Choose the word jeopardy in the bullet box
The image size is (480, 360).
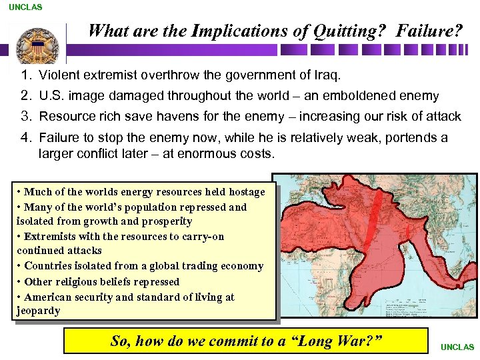click(38, 311)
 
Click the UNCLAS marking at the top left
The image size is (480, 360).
click(25, 7)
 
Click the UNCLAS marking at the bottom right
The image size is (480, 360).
click(457, 347)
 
